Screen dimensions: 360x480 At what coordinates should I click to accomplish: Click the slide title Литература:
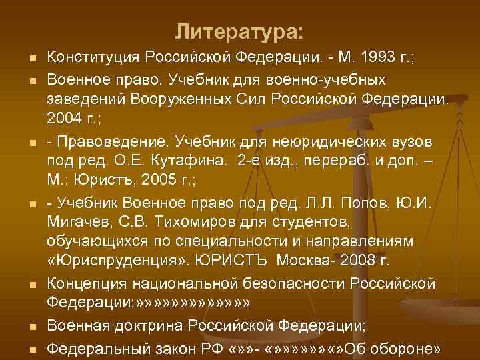coord(239,31)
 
